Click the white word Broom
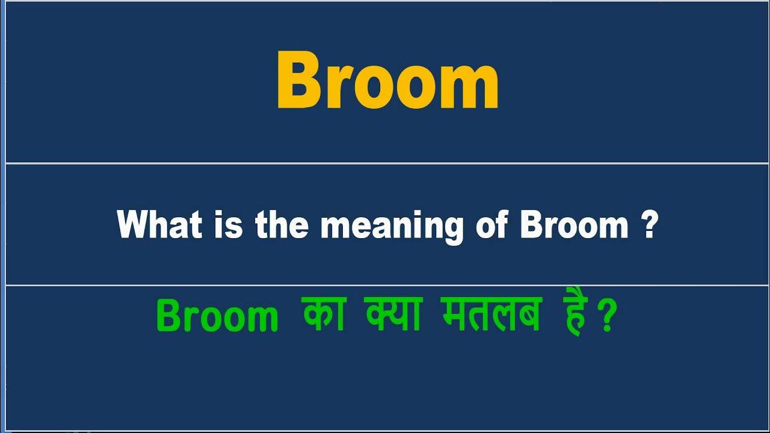tap(574, 226)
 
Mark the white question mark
tap(648, 226)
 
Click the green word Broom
tap(217, 316)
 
